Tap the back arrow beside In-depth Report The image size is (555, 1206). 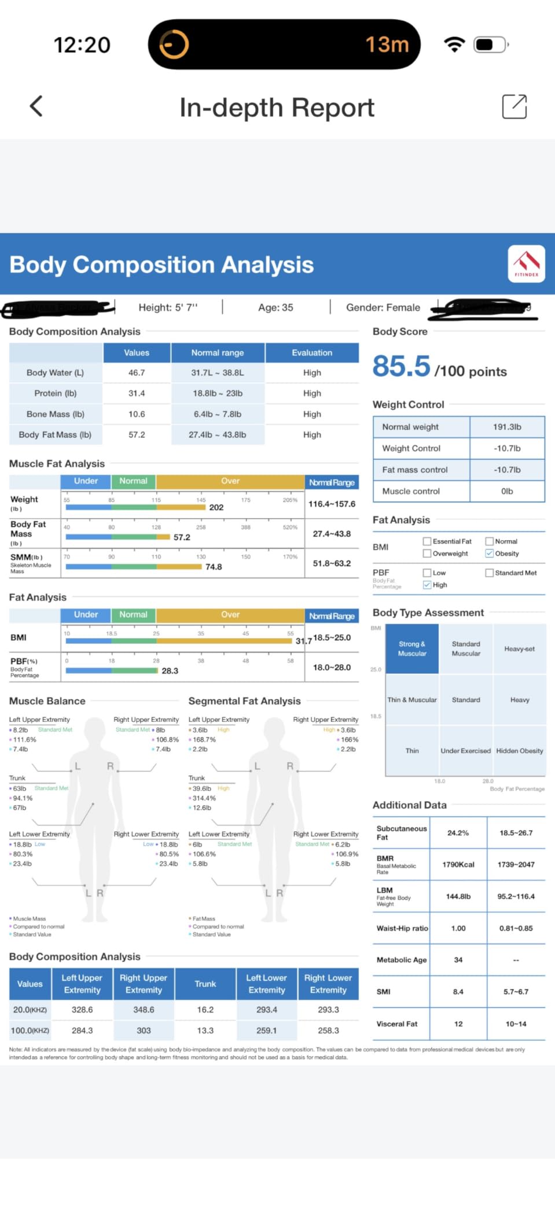[36, 106]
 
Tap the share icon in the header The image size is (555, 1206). [514, 106]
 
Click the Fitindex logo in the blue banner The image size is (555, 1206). [526, 264]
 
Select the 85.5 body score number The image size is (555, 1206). [402, 367]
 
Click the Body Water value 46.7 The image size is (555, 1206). [137, 373]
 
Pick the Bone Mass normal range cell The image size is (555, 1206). [218, 414]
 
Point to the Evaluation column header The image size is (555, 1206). [312, 353]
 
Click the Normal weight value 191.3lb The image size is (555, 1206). [507, 427]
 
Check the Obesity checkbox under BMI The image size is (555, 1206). [490, 554]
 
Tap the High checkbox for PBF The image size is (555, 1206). [427, 585]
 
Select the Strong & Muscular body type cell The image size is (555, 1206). [412, 648]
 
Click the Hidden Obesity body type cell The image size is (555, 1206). [519, 751]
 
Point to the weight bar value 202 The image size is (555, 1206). [216, 507]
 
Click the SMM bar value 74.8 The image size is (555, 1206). [214, 567]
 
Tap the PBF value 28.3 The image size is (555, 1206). [170, 671]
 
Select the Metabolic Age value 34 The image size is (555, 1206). [458, 960]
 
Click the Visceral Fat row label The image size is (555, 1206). [397, 1024]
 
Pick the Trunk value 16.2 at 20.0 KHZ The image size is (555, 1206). [205, 1009]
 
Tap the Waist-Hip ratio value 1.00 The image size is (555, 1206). [458, 928]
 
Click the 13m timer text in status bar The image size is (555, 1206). [387, 45]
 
